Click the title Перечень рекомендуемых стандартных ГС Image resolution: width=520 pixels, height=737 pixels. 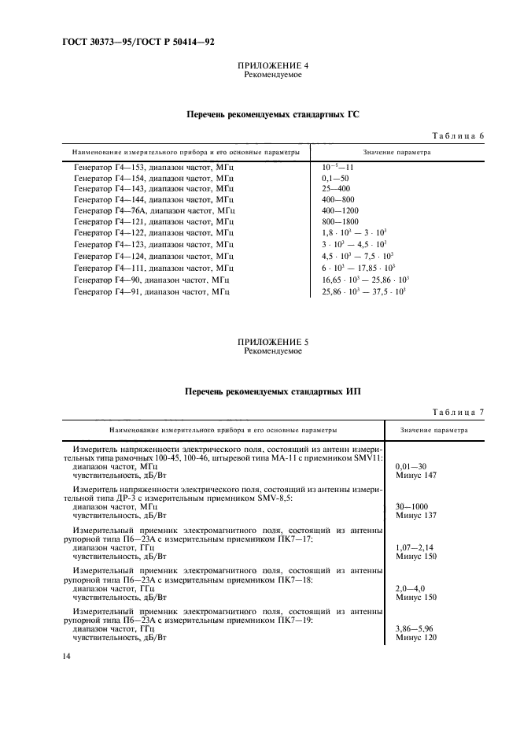(272, 114)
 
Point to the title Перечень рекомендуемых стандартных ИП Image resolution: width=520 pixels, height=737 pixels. (272, 390)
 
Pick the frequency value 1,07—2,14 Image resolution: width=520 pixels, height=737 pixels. (415, 548)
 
